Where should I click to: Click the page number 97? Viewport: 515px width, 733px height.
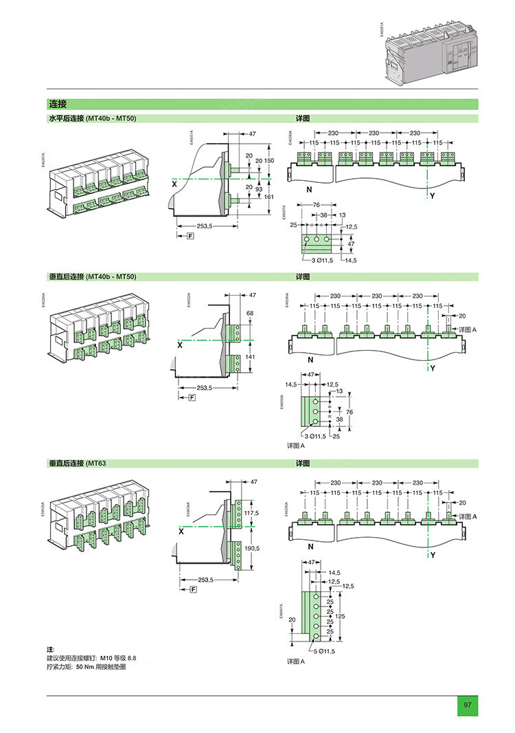(467, 705)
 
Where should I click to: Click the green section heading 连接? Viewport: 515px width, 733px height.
(58, 105)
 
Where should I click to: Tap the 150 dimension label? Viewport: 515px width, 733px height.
(269, 160)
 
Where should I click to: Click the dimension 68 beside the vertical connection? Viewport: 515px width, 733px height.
(249, 314)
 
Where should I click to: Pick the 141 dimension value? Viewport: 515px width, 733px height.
(251, 357)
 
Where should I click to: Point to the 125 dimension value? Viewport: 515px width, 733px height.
(349, 616)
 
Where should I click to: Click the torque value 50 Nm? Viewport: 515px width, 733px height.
(85, 667)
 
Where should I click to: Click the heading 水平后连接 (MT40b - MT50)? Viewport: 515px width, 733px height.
(92, 119)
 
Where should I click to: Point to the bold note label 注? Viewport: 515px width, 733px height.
(49, 649)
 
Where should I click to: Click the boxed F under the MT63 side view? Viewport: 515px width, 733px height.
(193, 589)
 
